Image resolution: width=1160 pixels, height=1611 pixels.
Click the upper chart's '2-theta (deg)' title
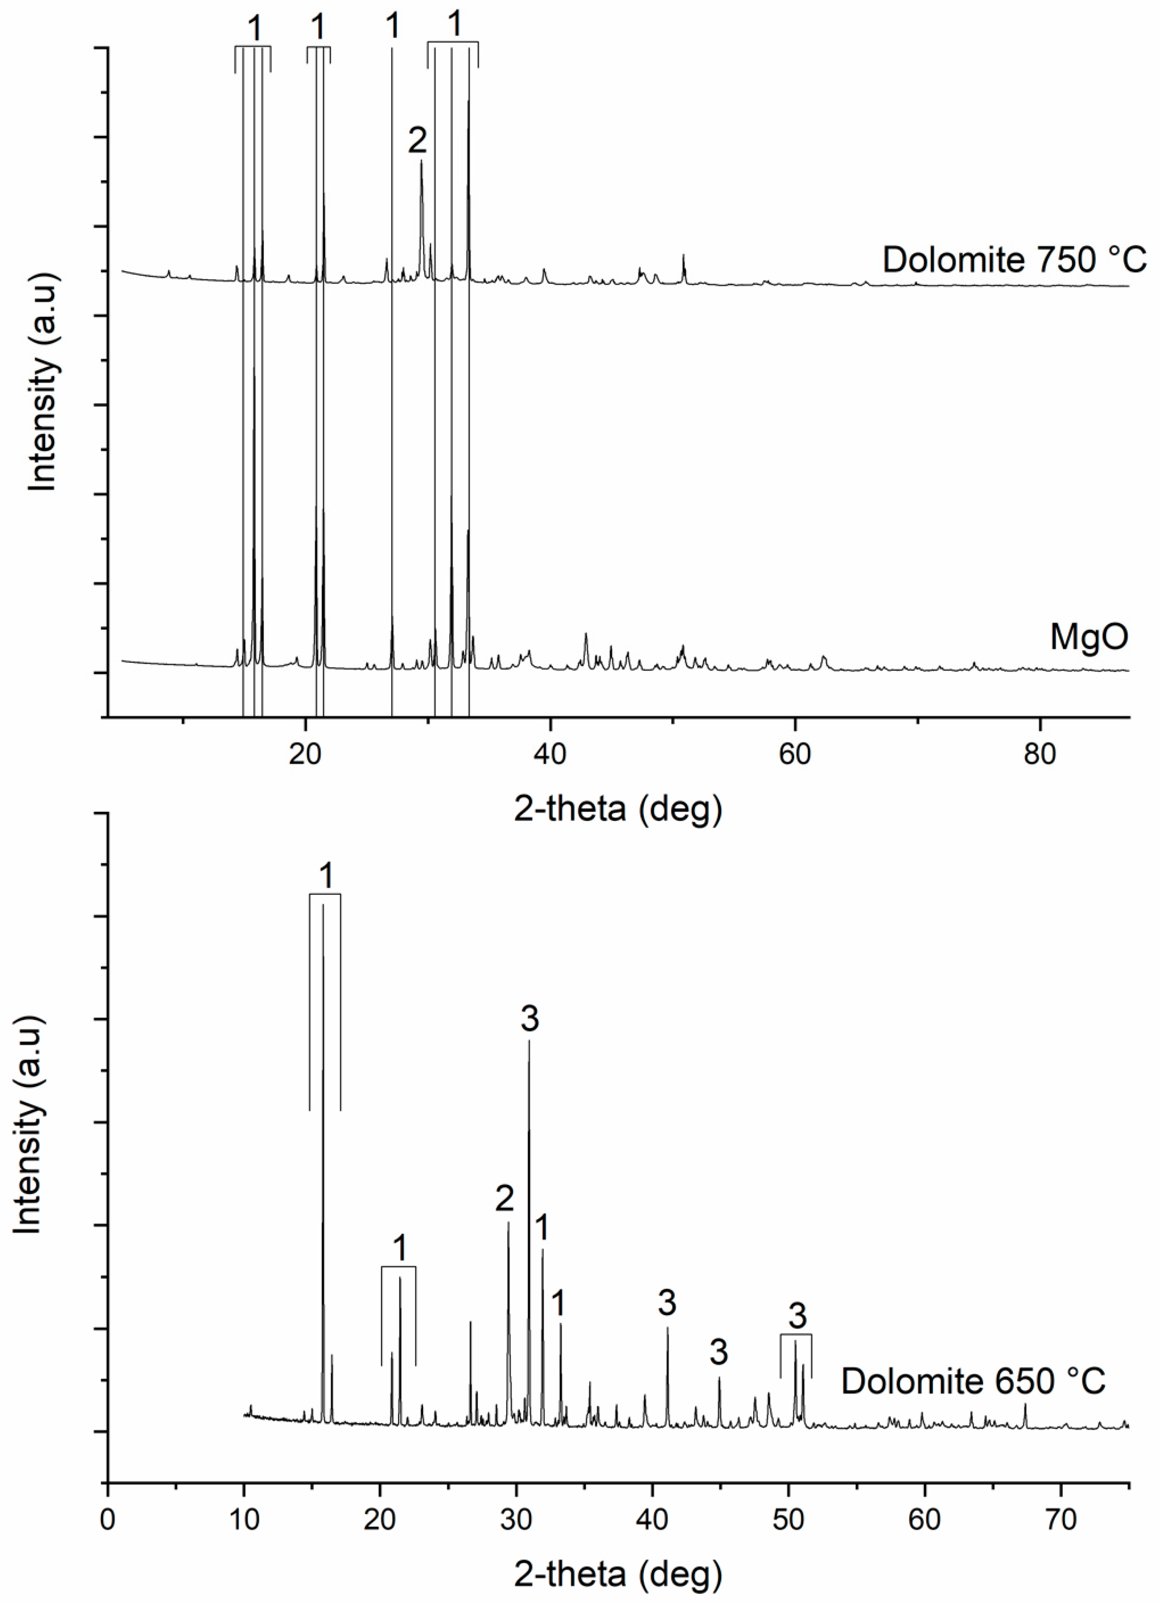[x=618, y=809]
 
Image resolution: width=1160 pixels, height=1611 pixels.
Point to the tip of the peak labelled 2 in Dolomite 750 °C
[x=421, y=161]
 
